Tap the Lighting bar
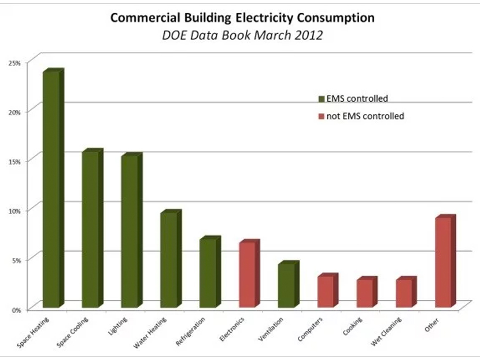click(130, 232)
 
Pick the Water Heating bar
click(169, 260)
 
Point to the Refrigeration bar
click(209, 273)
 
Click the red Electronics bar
click(248, 274)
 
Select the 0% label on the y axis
click(16, 310)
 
